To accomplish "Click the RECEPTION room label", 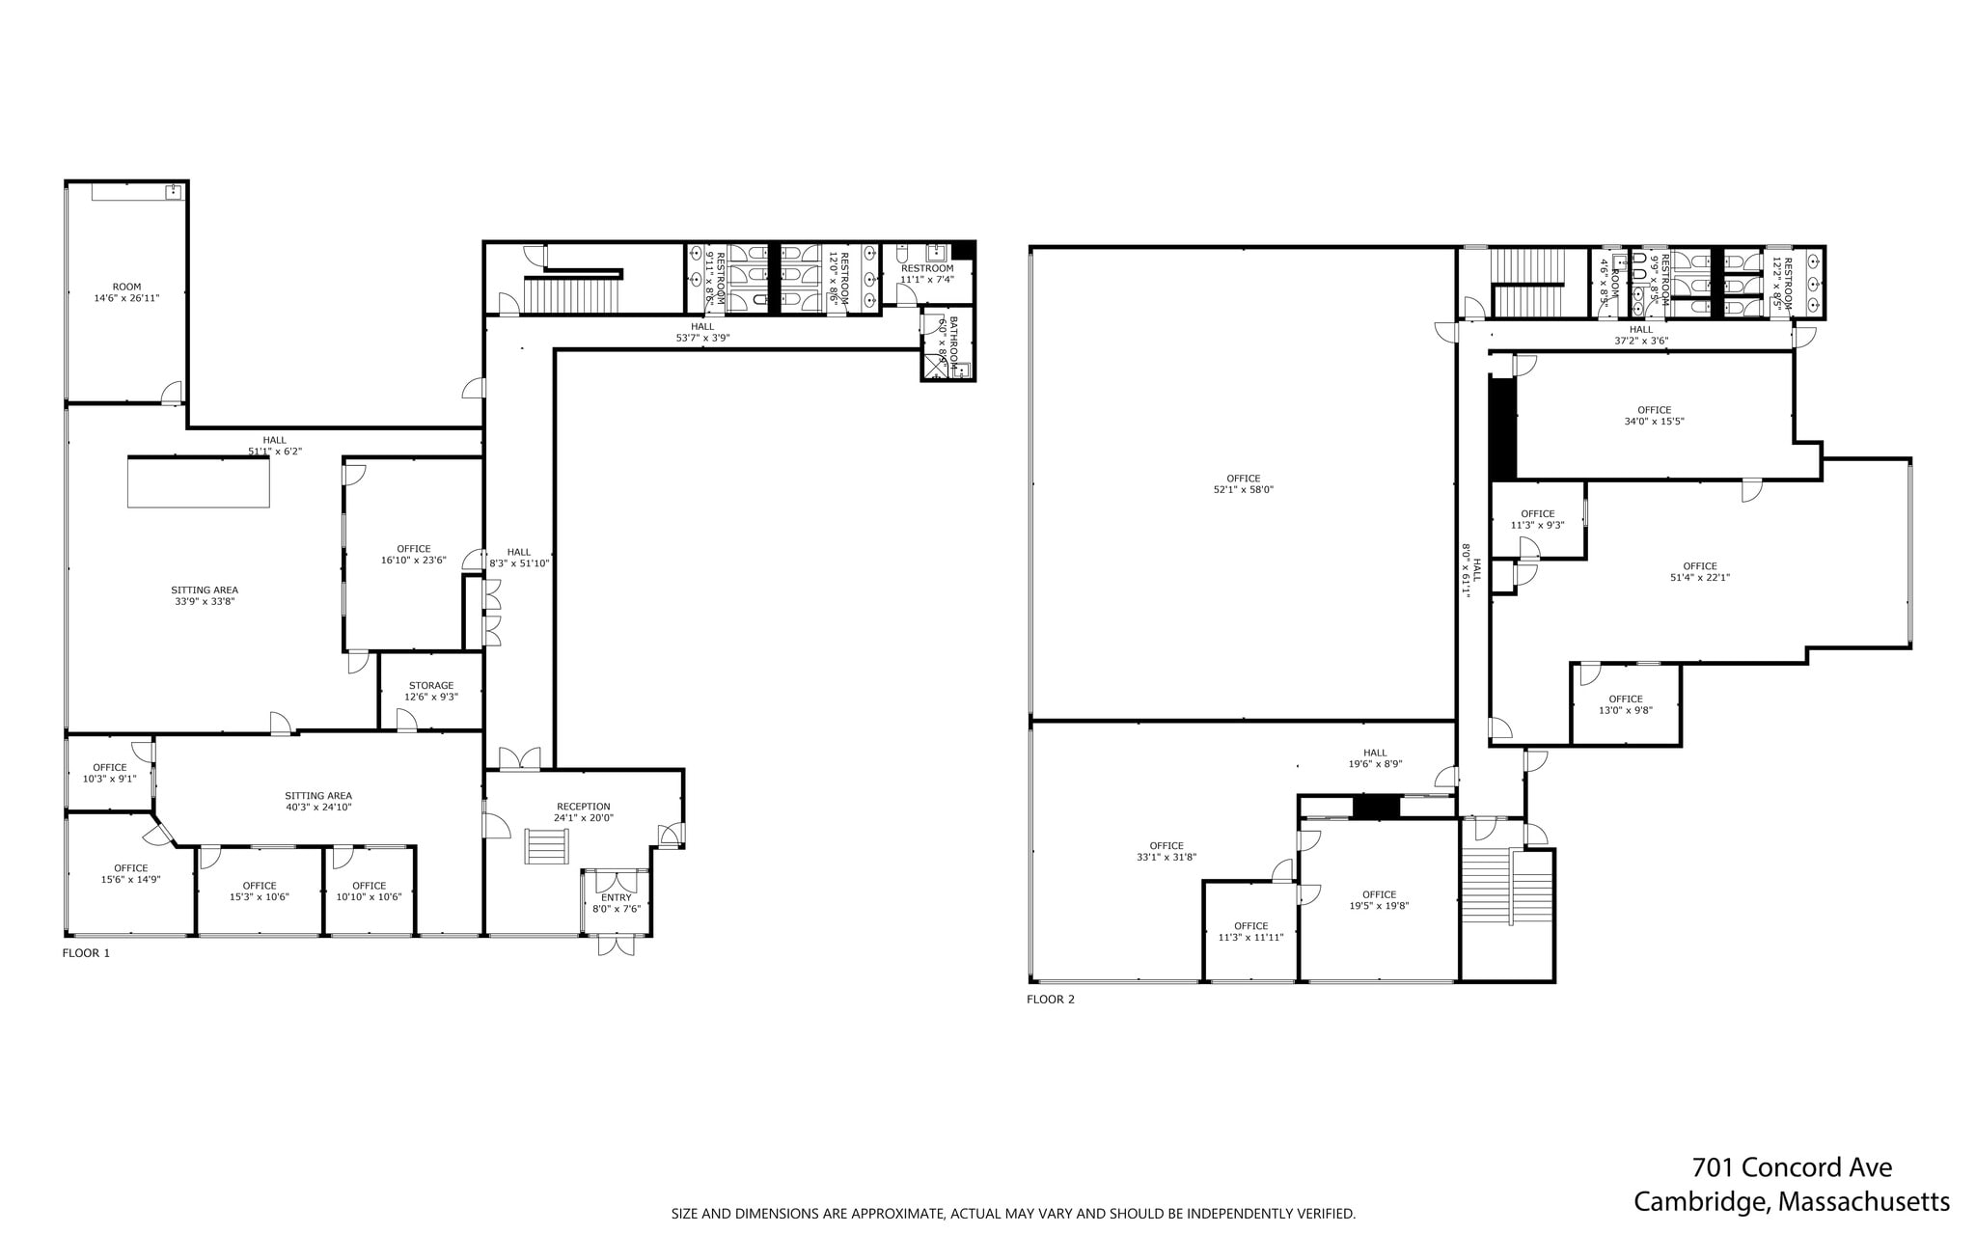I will [x=583, y=807].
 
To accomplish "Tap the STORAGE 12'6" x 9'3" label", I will [x=430, y=691].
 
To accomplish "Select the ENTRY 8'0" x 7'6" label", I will [x=616, y=903].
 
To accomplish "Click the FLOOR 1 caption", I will [x=86, y=953].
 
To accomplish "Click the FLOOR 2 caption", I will [x=1050, y=1000].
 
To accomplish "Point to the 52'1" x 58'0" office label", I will [x=1243, y=484].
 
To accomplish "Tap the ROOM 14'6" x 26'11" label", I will [x=126, y=292].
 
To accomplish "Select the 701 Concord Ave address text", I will [x=1792, y=1167].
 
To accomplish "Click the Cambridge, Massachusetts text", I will [x=1791, y=1202].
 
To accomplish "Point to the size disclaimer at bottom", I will [x=1013, y=1214].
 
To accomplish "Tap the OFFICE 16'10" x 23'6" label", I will [x=413, y=554].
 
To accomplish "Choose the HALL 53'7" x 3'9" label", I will [x=702, y=332].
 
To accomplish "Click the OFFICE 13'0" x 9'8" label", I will [x=1625, y=704].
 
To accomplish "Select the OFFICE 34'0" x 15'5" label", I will [x=1654, y=416].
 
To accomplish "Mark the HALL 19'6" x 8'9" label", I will [x=1375, y=758].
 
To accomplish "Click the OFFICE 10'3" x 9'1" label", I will [x=109, y=773].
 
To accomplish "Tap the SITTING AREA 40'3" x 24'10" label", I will [x=318, y=801].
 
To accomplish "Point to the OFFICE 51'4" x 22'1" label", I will [x=1699, y=572].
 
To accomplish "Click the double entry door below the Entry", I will [x=616, y=945].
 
